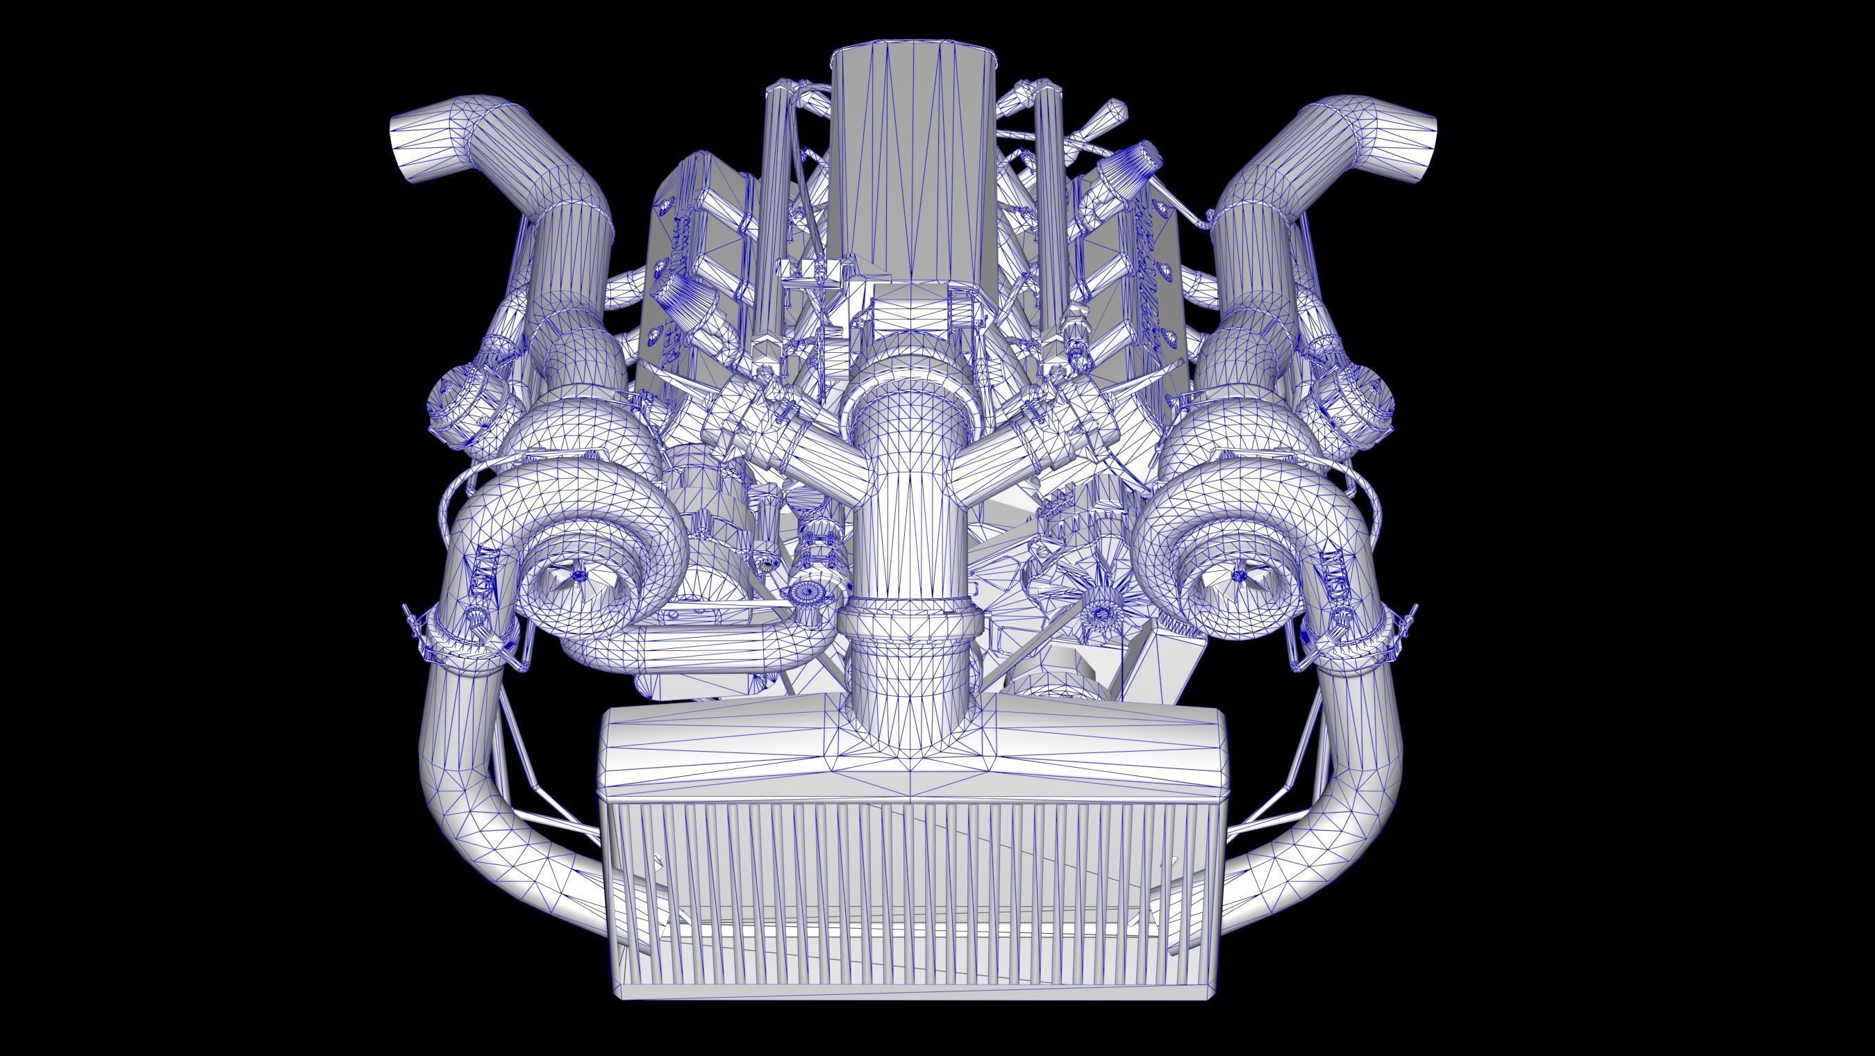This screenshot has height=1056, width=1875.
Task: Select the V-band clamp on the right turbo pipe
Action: click(x=1354, y=641)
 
